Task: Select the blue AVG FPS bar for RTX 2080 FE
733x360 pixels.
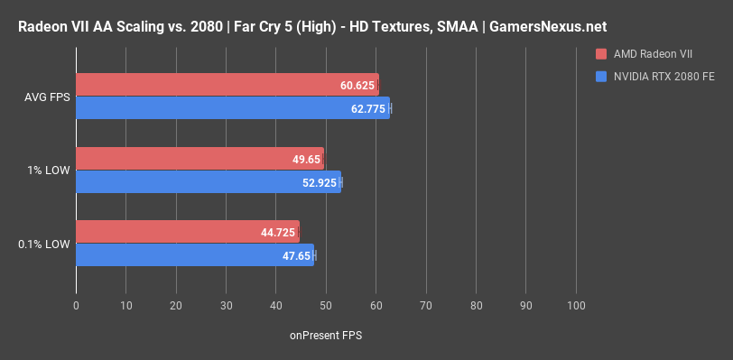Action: coord(226,108)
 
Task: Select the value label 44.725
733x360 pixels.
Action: coord(277,232)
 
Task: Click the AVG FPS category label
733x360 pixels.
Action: coord(44,97)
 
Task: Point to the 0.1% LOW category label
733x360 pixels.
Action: coord(43,244)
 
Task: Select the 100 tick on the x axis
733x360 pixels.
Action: coord(576,306)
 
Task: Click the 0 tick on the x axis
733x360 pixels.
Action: coord(76,306)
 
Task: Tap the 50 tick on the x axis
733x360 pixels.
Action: coord(326,306)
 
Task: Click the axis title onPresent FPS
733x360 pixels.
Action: coord(326,335)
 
